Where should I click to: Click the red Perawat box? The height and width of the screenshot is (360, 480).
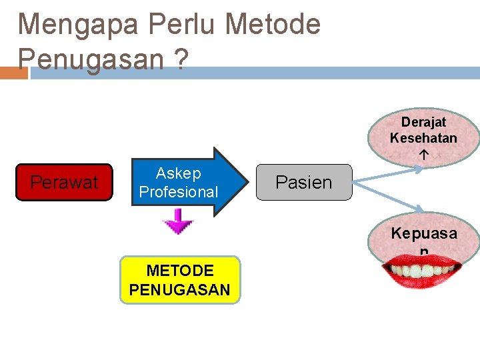(64, 182)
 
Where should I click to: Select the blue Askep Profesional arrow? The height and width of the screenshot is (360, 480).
(187, 183)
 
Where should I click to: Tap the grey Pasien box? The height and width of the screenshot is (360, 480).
(303, 182)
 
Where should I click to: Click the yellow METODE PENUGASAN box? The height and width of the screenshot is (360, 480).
(179, 280)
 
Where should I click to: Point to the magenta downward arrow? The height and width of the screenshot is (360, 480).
(179, 223)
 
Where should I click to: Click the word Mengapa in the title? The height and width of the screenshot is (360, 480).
(79, 25)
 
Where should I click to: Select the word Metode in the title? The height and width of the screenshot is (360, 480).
(273, 25)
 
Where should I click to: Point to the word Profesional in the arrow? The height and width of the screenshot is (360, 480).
(178, 192)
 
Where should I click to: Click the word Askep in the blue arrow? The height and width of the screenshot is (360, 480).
(178, 174)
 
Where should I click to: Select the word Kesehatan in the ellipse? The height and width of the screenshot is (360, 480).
(423, 138)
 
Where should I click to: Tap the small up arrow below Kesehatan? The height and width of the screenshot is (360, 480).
(423, 153)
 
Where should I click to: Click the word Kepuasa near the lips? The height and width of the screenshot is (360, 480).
(424, 233)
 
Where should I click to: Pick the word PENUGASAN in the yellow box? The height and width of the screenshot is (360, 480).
(179, 290)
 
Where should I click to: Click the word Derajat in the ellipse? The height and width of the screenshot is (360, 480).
(423, 123)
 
